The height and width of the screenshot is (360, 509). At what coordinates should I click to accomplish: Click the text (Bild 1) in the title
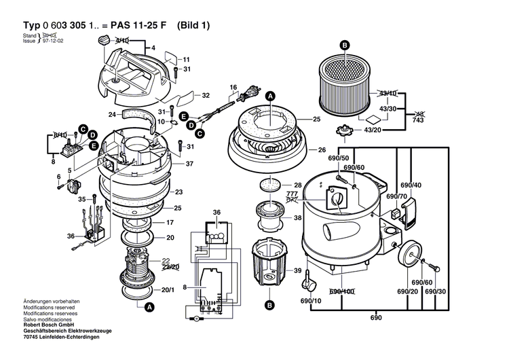tap(194, 26)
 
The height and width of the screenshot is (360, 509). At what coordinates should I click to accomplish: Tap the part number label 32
tap(206, 95)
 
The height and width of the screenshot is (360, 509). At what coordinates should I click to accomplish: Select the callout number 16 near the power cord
tap(232, 87)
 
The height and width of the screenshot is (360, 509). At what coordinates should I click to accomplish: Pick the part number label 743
tap(419, 120)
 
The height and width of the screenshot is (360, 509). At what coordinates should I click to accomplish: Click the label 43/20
tap(373, 130)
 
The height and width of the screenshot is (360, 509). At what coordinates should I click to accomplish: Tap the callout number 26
tap(322, 150)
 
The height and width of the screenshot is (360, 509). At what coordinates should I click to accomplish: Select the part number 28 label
tap(297, 185)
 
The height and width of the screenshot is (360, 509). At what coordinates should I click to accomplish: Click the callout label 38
tap(297, 218)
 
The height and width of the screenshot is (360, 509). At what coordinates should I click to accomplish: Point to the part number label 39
tap(297, 270)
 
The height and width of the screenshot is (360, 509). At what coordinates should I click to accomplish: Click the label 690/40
tap(411, 185)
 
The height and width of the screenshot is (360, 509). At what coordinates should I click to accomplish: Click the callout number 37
tap(190, 164)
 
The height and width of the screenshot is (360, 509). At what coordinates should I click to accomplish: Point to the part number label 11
tap(187, 60)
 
